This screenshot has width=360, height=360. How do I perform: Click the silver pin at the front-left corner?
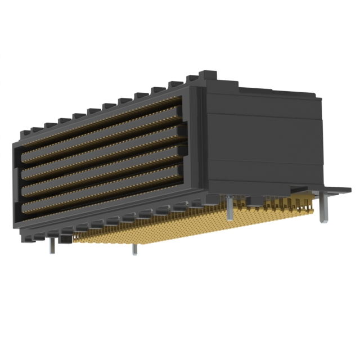[x=52, y=244]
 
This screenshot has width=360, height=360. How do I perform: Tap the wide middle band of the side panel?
[x=264, y=138]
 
